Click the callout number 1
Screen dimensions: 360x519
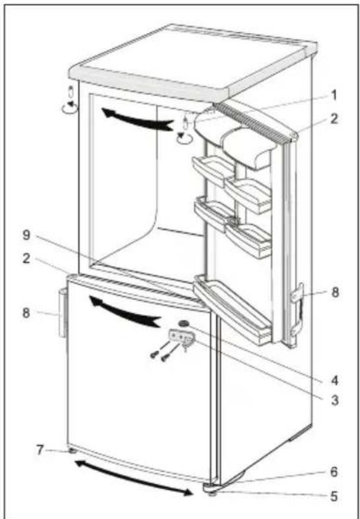pos(334,96)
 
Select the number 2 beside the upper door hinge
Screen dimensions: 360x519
pos(334,119)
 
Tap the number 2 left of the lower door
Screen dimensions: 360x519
pos(26,259)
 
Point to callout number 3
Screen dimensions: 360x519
pos(334,400)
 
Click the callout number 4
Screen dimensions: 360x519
pos(334,381)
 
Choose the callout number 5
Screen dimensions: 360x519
pos(334,496)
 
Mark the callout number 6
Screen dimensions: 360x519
pos(334,472)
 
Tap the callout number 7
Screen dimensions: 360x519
pos(40,450)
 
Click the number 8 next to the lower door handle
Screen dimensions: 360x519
pos(26,313)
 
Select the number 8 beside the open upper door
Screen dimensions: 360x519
pos(335,292)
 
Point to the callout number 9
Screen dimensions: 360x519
pos(26,235)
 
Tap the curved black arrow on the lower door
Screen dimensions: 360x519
pos(124,312)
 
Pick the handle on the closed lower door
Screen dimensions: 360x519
pos(63,313)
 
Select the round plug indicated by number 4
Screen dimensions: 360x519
pos(183,323)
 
